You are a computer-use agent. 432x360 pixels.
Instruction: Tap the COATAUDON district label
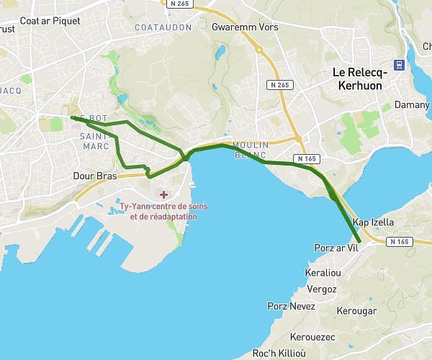[x=163, y=27]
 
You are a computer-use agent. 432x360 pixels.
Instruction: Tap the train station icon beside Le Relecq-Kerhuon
[x=400, y=64]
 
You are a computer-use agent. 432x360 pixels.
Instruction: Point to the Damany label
[x=412, y=105]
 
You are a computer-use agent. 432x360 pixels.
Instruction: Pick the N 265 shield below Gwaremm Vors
[x=280, y=85]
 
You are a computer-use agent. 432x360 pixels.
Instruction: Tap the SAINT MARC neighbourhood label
[x=94, y=141]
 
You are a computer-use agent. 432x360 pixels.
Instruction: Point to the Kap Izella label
[x=373, y=223]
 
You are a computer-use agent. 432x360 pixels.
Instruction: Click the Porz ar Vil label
[x=336, y=248]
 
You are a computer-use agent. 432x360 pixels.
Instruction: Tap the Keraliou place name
[x=323, y=274]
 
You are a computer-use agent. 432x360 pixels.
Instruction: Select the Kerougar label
[x=356, y=311]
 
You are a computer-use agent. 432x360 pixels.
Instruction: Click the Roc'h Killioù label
[x=279, y=354]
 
